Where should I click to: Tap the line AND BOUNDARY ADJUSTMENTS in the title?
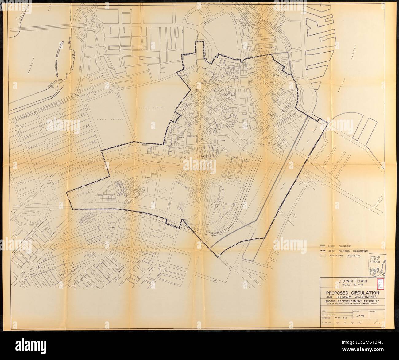(x=349, y=297)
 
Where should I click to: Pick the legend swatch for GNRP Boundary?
(x=322, y=246)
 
